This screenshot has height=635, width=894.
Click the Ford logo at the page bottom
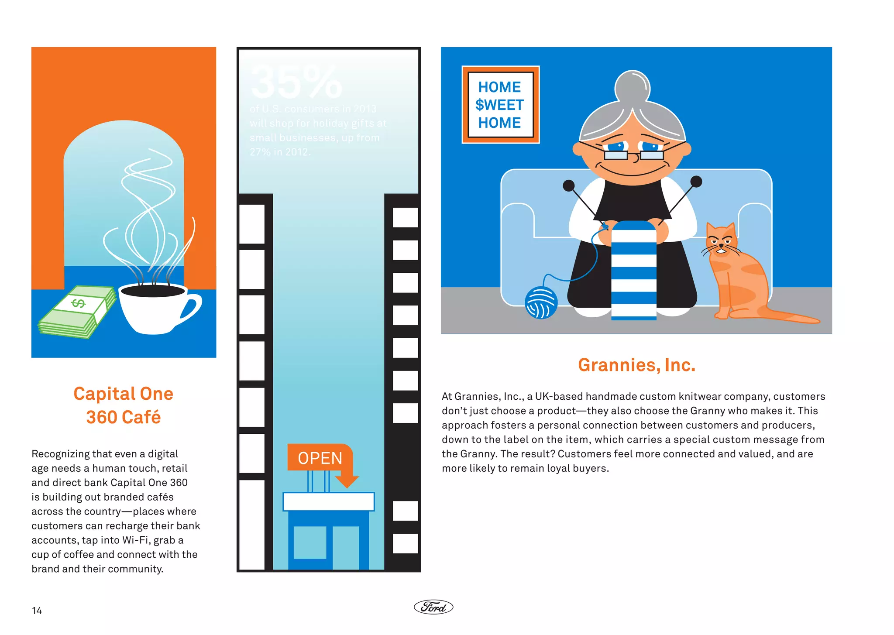(433, 607)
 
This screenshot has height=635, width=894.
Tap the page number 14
(37, 611)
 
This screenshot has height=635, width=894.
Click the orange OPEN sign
(320, 458)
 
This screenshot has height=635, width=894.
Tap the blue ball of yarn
(541, 303)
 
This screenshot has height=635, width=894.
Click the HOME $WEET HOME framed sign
(500, 105)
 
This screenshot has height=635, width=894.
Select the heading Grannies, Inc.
(636, 365)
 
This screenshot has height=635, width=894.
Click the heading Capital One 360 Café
(124, 405)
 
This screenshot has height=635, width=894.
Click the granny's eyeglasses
(634, 154)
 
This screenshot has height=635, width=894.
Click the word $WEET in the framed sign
(499, 105)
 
